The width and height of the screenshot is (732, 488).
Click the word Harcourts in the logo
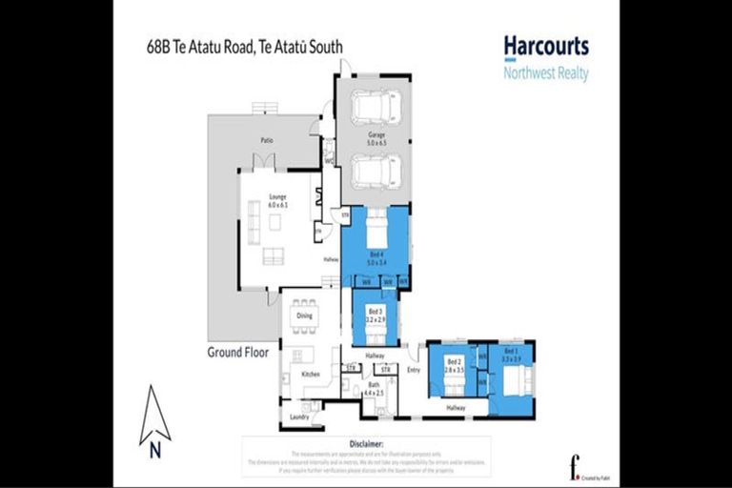[545, 46]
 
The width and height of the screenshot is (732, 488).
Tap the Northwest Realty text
[545, 73]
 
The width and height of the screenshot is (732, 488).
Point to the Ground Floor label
[237, 352]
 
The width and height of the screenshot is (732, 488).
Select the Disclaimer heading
[366, 444]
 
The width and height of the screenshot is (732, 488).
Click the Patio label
[268, 140]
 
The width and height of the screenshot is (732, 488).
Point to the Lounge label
[277, 197]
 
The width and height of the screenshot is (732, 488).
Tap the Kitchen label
[311, 375]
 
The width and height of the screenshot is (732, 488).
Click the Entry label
[413, 368]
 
